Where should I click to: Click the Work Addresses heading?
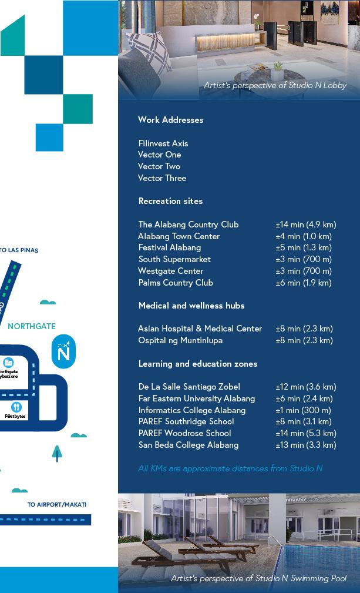coord(170,120)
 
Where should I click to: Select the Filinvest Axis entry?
coord(163,143)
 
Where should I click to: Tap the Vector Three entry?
coord(162,178)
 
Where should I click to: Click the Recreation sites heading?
coord(170,201)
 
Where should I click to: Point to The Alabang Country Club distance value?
coord(306,225)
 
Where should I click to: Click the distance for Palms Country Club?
coord(304,283)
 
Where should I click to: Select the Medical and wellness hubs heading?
coord(191,306)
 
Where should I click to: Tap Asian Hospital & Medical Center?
coord(200,329)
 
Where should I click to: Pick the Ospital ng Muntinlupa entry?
coord(180,340)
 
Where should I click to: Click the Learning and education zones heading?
coord(198,364)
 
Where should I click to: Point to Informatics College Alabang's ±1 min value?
coord(303,410)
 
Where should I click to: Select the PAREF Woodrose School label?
coord(184,433)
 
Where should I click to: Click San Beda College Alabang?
coord(188,445)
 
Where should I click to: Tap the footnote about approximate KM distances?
coord(230,468)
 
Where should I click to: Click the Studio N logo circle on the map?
coord(63,352)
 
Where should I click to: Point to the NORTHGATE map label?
coord(32,326)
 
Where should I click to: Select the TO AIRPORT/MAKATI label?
coord(57,505)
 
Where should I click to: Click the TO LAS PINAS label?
coord(19,250)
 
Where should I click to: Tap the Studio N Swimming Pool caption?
coord(258,579)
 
